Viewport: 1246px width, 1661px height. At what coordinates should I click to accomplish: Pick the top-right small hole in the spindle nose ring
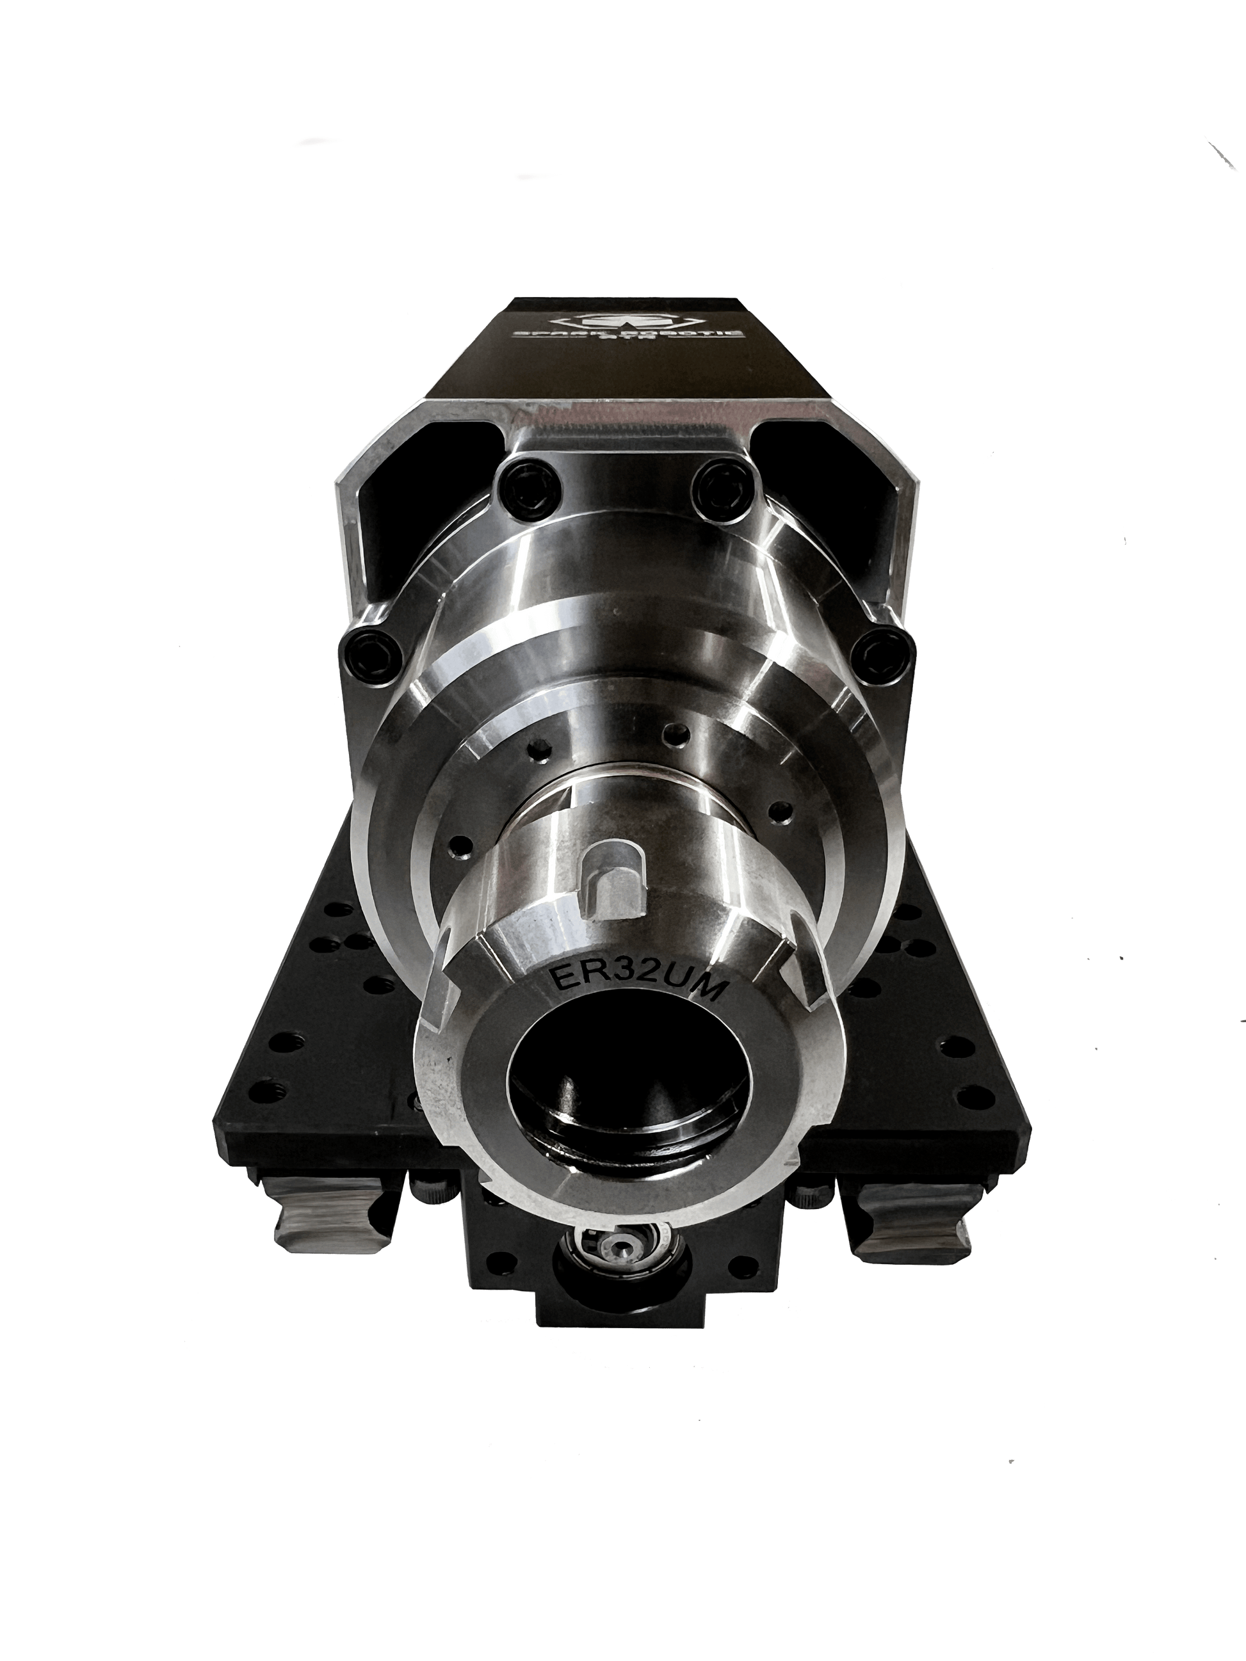pos(680,732)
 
